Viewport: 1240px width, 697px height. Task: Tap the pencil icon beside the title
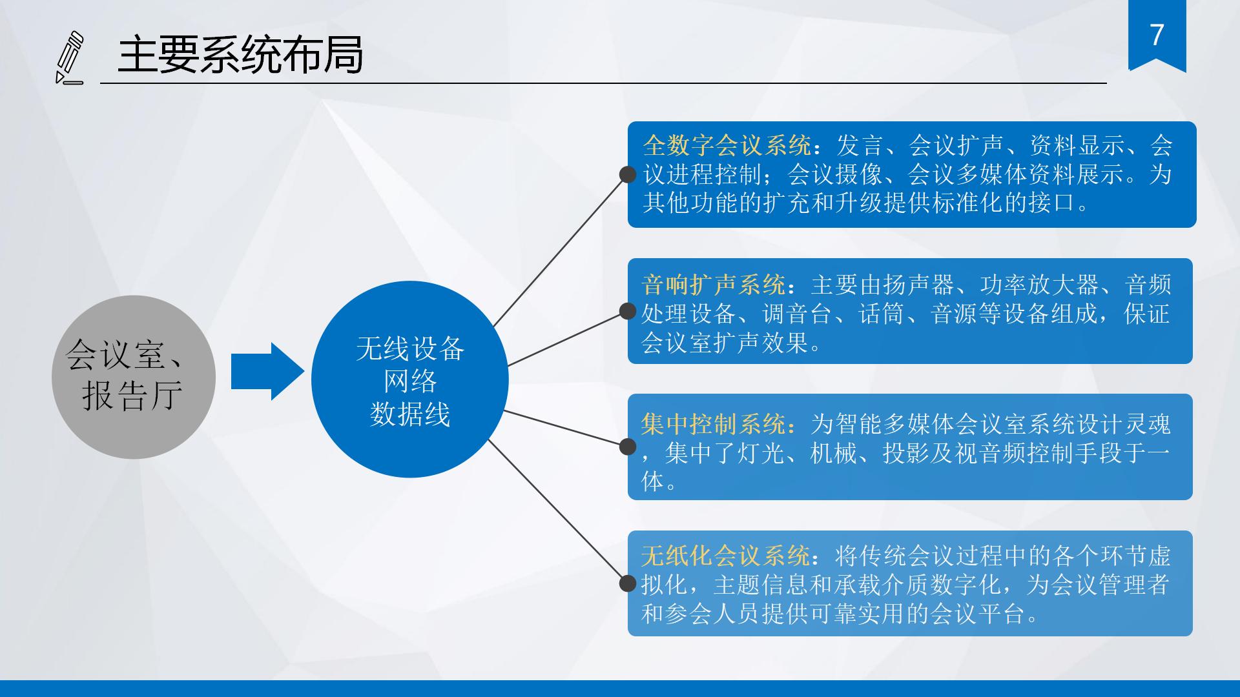70,57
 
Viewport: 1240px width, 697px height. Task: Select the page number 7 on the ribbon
1157,34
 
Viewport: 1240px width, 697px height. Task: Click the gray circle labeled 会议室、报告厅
134,377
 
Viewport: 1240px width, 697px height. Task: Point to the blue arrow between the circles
267,371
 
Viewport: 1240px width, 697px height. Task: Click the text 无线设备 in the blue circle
410,349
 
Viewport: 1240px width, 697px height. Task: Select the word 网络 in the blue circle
410,381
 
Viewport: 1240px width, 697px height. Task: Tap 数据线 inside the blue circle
410,414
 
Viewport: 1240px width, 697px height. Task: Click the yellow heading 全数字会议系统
727,146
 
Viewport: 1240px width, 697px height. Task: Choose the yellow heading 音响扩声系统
714,285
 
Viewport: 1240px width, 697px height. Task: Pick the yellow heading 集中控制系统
714,424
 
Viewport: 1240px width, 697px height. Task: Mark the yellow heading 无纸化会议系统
725,556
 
